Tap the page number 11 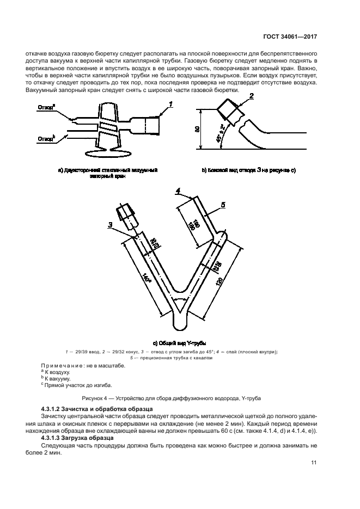(314, 463)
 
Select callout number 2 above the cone (251, 96)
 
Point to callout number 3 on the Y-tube (111, 224)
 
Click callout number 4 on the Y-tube (178, 190)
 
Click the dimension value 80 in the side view (198, 129)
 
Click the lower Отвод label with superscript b (46, 139)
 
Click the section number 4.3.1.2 (54, 408)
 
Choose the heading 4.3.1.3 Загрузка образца (77, 438)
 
